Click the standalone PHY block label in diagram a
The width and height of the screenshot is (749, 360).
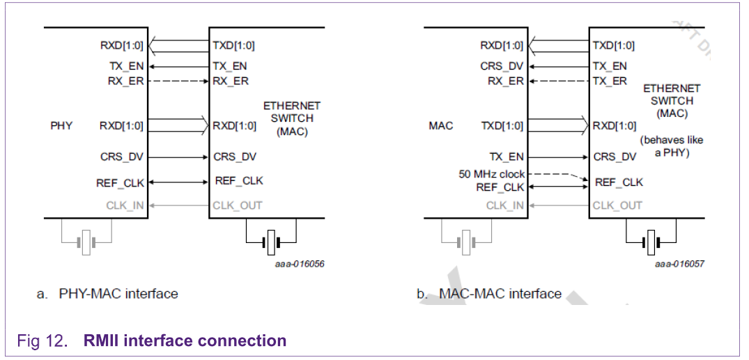pos(61,126)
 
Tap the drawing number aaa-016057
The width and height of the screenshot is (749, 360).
pos(680,265)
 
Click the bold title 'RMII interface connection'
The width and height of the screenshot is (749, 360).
pos(185,341)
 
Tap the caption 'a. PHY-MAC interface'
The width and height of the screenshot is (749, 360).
pos(107,294)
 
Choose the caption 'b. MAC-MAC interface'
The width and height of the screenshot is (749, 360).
pos(489,294)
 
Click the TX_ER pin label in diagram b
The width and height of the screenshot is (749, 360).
pos(610,81)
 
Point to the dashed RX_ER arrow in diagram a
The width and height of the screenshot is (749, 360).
pos(178,81)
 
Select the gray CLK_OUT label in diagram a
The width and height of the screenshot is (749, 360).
pos(238,205)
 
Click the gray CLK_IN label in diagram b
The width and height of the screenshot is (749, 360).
pos(505,205)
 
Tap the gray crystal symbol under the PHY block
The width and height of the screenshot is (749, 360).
pos(86,242)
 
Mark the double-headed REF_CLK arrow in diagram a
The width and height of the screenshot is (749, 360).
pos(178,182)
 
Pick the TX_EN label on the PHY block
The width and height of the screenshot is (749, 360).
pos(126,66)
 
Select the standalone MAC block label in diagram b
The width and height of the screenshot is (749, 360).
pos(440,126)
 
